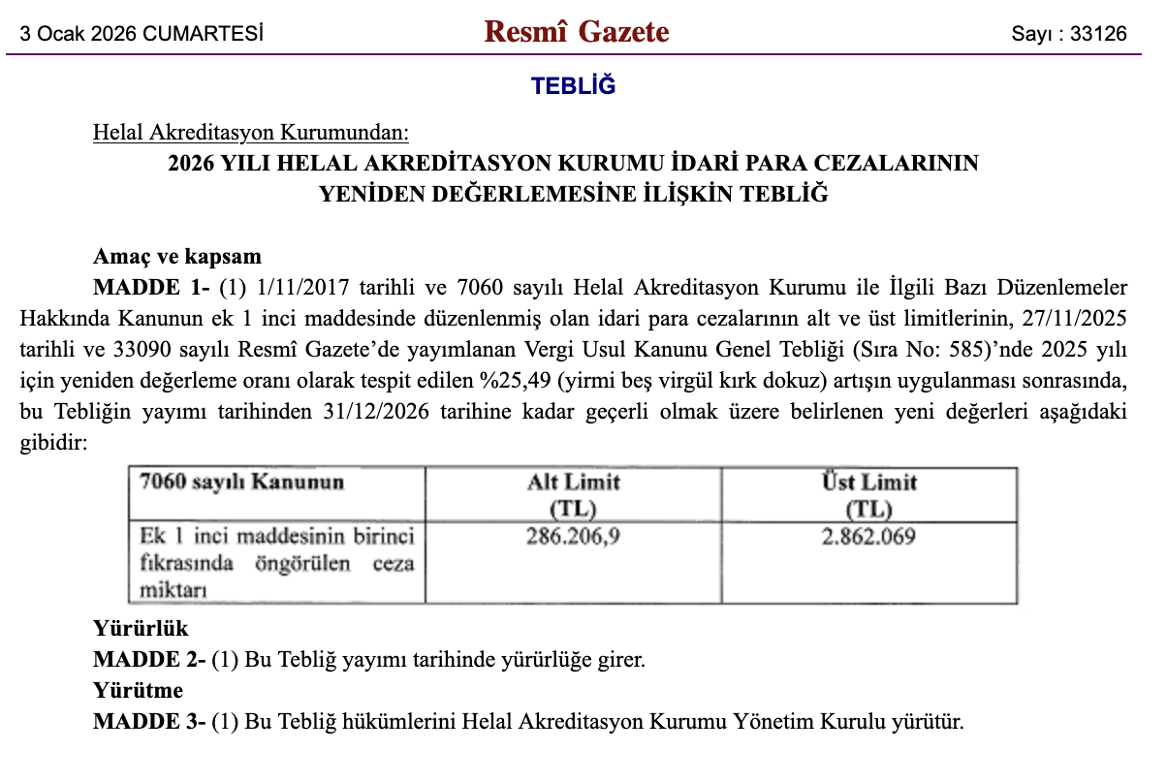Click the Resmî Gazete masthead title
point(577,32)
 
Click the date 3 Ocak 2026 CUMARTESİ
point(142,34)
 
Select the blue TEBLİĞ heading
point(574,85)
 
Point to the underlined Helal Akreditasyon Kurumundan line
point(251,132)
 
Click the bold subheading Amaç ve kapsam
point(177,257)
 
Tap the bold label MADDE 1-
point(151,288)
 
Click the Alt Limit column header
point(573,482)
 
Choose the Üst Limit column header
point(868,482)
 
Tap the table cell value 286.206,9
point(573,536)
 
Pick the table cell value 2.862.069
point(868,536)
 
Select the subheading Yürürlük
point(141,629)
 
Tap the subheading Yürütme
point(138,691)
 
